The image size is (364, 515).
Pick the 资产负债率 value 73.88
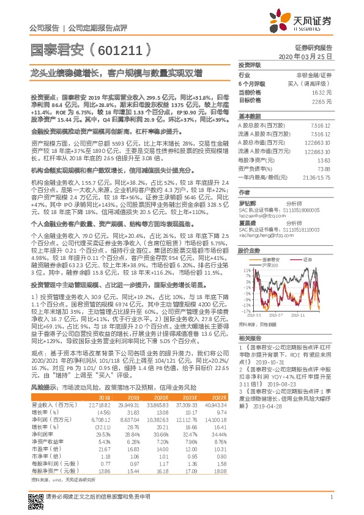[x=324, y=168]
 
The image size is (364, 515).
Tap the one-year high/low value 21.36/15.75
[x=318, y=176]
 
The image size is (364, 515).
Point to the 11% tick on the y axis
[x=247, y=269]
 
